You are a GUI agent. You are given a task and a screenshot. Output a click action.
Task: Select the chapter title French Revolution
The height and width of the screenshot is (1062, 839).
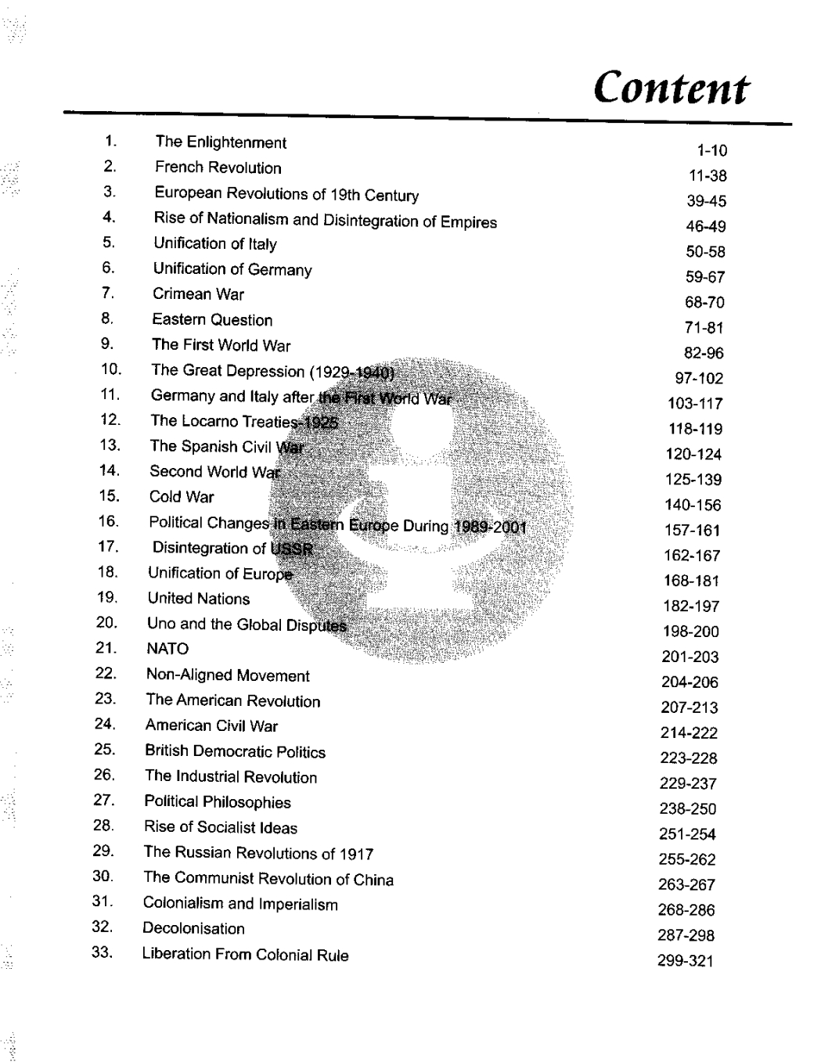click(x=218, y=167)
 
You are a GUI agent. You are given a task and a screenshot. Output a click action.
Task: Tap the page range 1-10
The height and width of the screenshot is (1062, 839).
click(x=711, y=150)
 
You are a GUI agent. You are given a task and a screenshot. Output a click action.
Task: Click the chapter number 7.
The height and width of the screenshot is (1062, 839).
click(x=108, y=293)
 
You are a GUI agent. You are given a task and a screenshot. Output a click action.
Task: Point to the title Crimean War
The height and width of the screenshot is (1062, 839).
click(x=198, y=294)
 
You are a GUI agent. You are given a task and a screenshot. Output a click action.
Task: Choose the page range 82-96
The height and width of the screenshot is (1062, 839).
click(x=704, y=353)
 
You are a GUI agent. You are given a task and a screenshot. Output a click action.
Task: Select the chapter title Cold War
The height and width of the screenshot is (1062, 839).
click(x=182, y=497)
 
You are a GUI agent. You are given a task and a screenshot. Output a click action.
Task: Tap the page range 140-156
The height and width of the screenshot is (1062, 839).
click(x=693, y=505)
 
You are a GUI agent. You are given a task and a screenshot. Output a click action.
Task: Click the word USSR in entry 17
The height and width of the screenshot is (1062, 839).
click(x=291, y=548)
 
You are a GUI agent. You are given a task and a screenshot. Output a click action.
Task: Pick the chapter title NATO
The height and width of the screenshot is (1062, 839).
click(x=167, y=649)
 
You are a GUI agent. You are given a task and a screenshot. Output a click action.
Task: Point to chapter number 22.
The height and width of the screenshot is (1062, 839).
click(x=106, y=674)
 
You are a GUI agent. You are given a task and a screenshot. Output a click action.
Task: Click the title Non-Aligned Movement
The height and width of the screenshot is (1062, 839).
click(x=228, y=675)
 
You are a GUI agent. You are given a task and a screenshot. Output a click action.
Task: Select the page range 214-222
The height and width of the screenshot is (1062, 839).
click(x=689, y=733)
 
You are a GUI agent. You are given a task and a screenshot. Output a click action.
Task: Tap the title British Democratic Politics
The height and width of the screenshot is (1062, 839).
click(x=235, y=751)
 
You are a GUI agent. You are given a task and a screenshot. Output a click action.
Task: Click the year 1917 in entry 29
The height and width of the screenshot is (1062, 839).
click(x=357, y=854)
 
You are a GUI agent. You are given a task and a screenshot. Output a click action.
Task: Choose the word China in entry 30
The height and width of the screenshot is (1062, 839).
click(x=373, y=880)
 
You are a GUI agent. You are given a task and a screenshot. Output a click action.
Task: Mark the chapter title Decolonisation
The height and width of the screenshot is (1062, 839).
click(x=193, y=929)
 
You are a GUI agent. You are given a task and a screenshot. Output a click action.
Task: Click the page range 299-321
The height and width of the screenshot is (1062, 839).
click(x=686, y=960)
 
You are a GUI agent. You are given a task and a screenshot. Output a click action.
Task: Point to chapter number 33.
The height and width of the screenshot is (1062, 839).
click(x=103, y=953)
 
